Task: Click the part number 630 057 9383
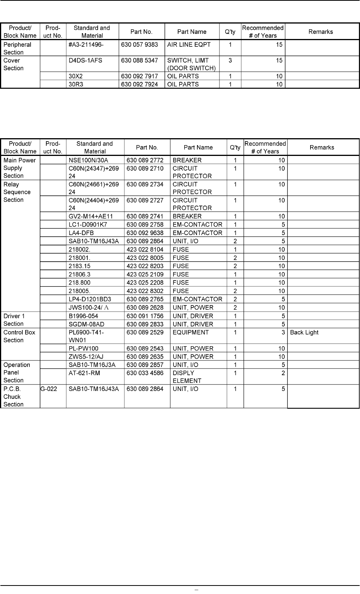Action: point(139,44)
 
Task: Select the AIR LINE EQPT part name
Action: point(189,44)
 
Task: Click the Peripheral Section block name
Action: point(17,48)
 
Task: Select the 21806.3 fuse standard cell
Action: point(80,274)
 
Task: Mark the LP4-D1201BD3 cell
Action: point(90,299)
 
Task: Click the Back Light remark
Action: point(304,332)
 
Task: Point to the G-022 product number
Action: point(49,389)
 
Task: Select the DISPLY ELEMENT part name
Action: point(187,377)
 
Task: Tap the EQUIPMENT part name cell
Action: point(190,332)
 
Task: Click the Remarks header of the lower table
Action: point(322,147)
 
